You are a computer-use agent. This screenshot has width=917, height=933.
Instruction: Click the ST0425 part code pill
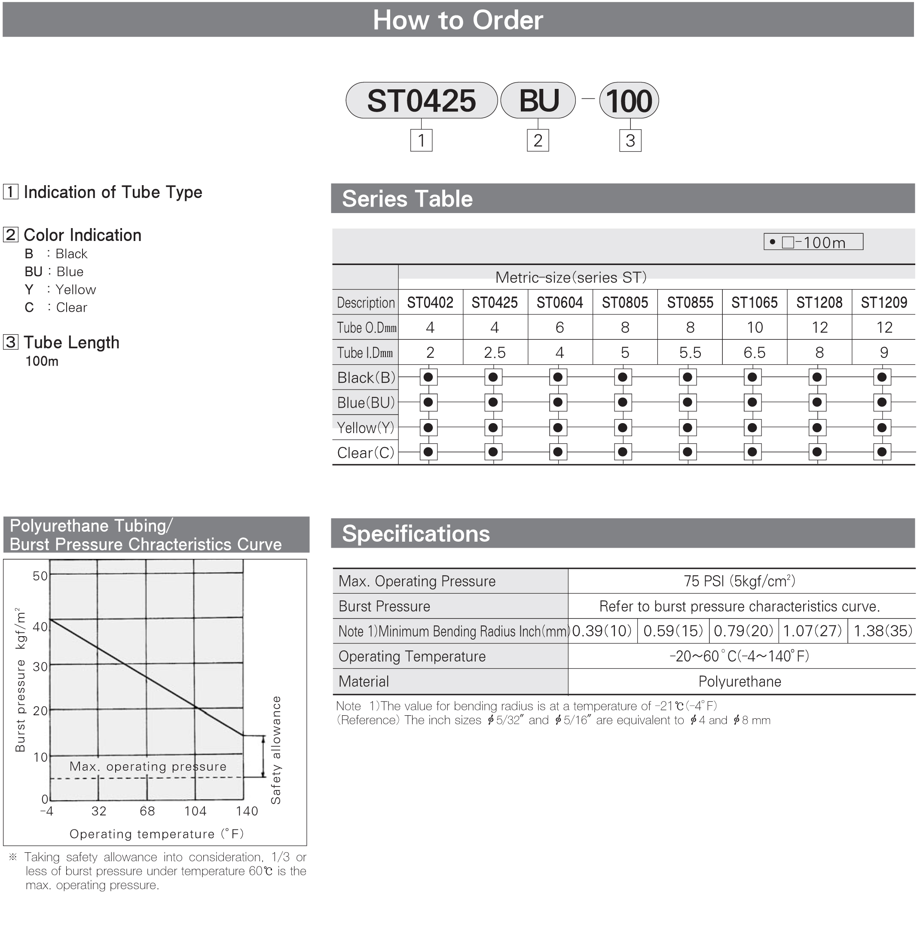421,100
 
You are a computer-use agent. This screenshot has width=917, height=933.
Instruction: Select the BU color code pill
538,100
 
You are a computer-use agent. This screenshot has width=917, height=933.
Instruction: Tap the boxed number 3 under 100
630,140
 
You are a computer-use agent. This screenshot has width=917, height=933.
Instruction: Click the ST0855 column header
690,302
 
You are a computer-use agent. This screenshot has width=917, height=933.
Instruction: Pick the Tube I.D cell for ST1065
754,352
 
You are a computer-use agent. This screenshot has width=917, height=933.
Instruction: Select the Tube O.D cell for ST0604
559,327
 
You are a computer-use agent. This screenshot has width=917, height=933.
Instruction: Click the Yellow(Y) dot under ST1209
882,427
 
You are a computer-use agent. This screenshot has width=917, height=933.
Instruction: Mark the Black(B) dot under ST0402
428,377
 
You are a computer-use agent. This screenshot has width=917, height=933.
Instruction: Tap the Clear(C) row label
366,452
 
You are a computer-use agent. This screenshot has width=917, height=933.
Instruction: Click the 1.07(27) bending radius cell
813,631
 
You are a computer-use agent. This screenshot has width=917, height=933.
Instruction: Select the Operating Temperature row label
412,656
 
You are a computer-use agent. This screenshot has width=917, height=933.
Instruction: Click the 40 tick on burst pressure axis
40,626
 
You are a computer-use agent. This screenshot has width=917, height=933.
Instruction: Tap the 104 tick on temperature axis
195,811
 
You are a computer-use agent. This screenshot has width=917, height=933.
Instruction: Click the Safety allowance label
275,750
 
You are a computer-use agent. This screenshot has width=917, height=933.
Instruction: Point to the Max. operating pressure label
148,766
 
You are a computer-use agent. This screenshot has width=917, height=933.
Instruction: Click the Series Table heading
407,199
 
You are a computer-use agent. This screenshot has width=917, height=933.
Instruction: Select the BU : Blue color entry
54,271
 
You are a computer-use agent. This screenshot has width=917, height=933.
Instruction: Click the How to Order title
458,20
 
